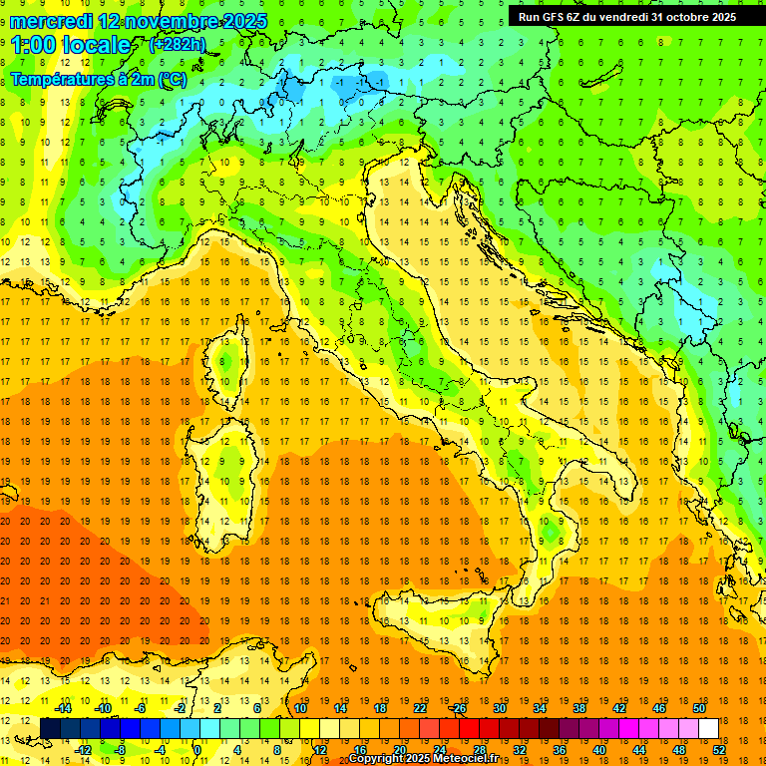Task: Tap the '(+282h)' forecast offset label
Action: (178, 44)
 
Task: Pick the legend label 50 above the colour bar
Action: (699, 708)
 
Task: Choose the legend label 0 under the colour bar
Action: (197, 750)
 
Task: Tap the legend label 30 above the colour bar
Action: (500, 708)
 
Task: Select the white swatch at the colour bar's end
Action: (709, 729)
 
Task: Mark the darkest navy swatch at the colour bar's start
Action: (50, 729)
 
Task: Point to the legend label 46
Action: (659, 708)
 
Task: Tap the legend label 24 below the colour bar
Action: (440, 750)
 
